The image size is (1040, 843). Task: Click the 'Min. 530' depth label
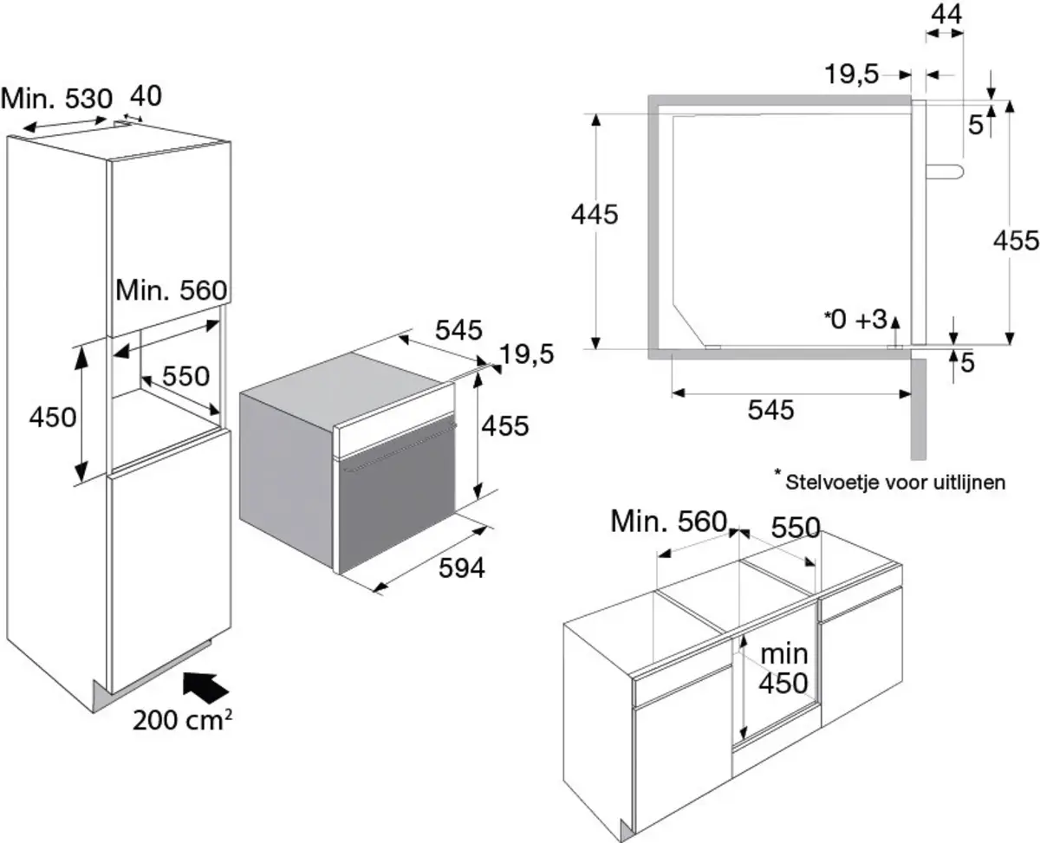click(x=56, y=98)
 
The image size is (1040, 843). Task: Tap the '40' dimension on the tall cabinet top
click(x=146, y=95)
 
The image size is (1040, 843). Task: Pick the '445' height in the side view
click(x=594, y=214)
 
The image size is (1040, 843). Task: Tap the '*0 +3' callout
click(x=855, y=319)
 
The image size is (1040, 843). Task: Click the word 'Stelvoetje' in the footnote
click(x=824, y=483)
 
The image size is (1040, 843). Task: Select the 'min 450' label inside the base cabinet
click(x=783, y=668)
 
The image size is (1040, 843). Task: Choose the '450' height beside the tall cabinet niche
click(x=53, y=417)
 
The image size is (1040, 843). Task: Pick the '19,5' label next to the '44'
click(x=852, y=75)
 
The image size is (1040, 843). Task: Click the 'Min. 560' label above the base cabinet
click(x=667, y=522)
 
